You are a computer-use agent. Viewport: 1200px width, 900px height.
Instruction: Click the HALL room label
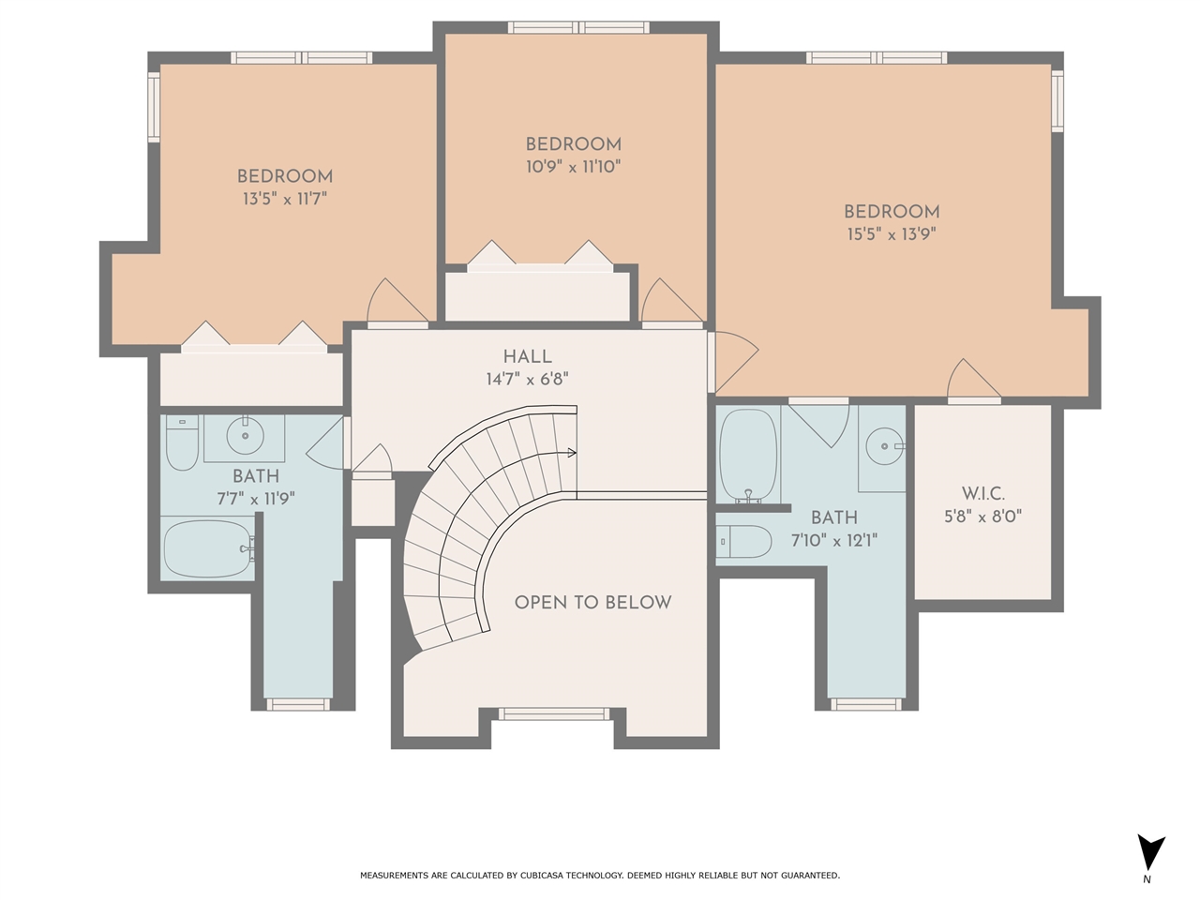click(x=527, y=357)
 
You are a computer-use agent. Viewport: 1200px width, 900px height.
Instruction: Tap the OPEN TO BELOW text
click(x=592, y=602)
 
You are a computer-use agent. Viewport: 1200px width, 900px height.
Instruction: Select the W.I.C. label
click(x=982, y=494)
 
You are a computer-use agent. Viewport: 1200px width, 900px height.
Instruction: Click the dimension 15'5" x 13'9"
click(x=892, y=234)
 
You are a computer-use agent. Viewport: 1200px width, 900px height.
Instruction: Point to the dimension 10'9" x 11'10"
click(x=573, y=167)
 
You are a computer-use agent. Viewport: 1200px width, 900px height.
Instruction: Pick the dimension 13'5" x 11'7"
click(x=284, y=199)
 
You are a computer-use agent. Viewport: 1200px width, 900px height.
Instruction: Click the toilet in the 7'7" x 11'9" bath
click(x=182, y=442)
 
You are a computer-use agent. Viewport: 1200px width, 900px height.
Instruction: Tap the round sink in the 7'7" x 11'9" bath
click(x=245, y=436)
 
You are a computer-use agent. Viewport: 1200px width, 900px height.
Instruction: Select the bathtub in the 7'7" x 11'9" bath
click(x=209, y=548)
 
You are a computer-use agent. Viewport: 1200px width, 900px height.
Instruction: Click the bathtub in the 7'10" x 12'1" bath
click(x=748, y=456)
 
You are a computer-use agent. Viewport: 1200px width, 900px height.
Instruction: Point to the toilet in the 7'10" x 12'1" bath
click(x=743, y=542)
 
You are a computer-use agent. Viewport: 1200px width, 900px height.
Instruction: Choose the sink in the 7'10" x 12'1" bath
click(x=885, y=446)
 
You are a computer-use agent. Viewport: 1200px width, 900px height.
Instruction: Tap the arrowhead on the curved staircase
click(x=572, y=453)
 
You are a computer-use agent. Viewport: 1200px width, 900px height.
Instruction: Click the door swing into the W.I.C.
click(x=974, y=379)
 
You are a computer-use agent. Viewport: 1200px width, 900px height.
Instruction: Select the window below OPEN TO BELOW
click(x=553, y=713)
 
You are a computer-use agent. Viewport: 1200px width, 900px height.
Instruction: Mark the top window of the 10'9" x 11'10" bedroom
click(x=578, y=27)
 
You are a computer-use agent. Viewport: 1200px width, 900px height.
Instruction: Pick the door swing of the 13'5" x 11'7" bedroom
click(x=397, y=301)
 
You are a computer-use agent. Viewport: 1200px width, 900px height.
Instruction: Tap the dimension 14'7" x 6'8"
click(x=527, y=380)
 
